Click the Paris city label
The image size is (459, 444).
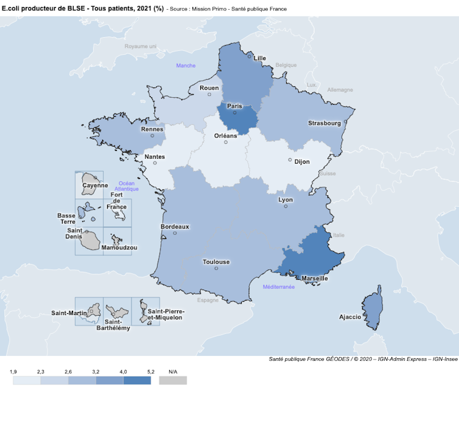click(234, 106)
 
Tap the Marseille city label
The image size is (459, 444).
click(315, 279)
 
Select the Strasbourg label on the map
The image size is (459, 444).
click(324, 123)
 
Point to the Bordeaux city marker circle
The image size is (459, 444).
click(175, 233)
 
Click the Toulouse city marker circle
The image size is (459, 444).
click(216, 268)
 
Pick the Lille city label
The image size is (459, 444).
click(260, 58)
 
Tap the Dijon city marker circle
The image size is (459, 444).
click(290, 160)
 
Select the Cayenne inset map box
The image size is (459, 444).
click(89, 184)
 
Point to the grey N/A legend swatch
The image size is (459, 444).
click(173, 380)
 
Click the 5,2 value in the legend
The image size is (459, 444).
click(151, 371)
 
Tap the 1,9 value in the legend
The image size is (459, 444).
click(13, 371)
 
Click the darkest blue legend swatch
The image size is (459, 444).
click(137, 380)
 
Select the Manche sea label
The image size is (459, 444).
click(186, 65)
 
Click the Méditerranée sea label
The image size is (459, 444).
click(278, 286)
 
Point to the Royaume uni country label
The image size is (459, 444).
click(141, 46)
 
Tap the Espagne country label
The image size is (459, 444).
click(208, 300)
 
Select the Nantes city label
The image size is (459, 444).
click(155, 156)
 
